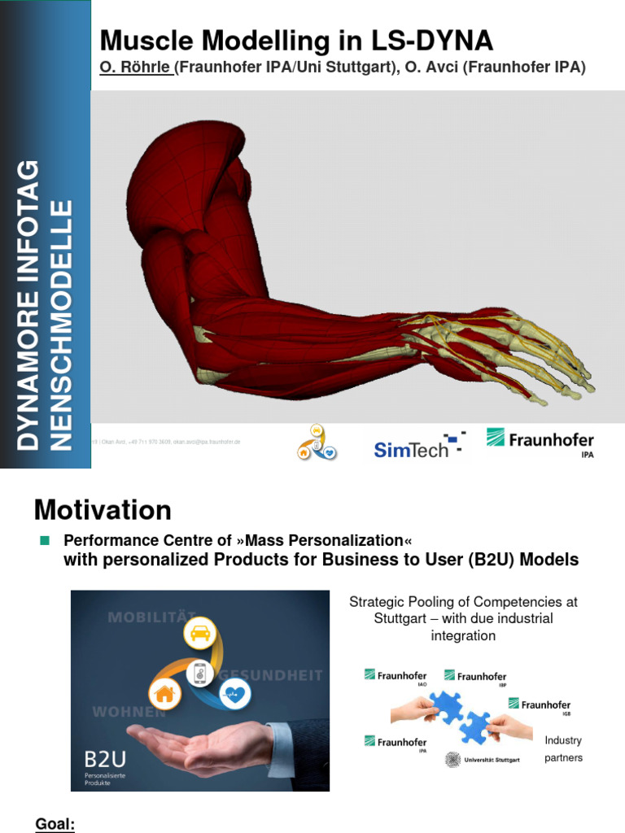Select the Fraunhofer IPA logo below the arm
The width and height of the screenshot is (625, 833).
tap(540, 442)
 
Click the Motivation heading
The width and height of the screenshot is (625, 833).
tap(103, 510)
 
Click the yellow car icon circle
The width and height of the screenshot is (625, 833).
tap(200, 632)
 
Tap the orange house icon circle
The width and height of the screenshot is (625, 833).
tap(164, 693)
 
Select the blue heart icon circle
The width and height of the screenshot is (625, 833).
tap(235, 694)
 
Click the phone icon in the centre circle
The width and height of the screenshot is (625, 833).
tap(199, 673)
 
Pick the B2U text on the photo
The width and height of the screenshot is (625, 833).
tap(105, 760)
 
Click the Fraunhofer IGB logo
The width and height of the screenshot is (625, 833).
tap(540, 705)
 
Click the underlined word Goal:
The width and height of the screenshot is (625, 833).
tap(55, 824)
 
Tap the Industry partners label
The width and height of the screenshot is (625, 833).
tap(563, 749)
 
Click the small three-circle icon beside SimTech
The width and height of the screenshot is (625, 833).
tap(317, 443)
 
